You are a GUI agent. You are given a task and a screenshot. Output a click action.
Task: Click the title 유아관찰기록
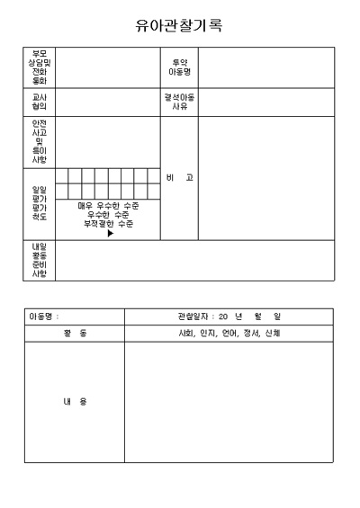pos(179,26)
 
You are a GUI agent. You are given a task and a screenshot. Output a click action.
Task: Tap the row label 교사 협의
pos(40,102)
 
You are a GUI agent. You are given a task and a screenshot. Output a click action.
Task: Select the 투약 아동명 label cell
pos(179,67)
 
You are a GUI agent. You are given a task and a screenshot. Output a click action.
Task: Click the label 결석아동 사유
pos(179,102)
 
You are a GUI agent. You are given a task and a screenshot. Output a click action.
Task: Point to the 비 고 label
pos(179,178)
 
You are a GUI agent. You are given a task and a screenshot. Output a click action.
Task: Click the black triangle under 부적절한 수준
pos(110,234)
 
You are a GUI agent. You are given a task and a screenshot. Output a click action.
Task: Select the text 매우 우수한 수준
pos(108,206)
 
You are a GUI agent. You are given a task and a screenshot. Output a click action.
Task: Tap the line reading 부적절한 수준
pos(108,224)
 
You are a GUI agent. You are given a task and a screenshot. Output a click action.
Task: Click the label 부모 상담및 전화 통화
pos(40,67)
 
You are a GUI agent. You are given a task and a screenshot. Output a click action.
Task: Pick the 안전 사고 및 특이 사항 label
pos(40,141)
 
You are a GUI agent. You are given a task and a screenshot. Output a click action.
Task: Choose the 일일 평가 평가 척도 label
pos(40,203)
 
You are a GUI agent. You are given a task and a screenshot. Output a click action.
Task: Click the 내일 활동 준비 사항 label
pos(40,260)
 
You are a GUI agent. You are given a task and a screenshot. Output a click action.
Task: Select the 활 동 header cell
pos(75,334)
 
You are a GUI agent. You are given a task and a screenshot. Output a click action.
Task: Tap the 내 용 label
pos(75,402)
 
